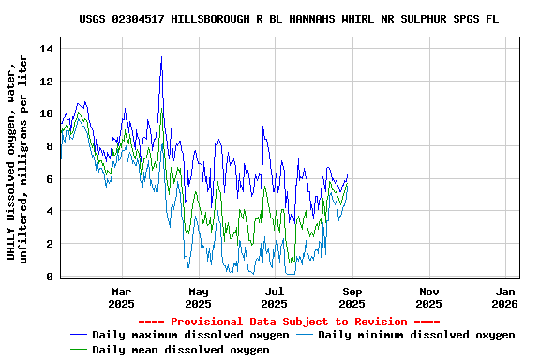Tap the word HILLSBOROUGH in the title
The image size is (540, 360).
tap(211, 19)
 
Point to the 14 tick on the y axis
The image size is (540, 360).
tap(47, 48)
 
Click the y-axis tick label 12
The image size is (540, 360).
tap(47, 81)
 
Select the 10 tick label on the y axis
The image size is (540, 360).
tap(47, 113)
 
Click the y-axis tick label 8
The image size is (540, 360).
tap(50, 146)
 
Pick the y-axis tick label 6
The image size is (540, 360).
tap(50, 179)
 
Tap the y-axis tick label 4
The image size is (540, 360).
tap(50, 212)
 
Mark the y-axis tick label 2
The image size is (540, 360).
tap(50, 245)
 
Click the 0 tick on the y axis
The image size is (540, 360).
tap(50, 277)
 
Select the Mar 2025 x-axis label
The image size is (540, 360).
tap(121, 297)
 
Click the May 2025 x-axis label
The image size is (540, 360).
tap(198, 297)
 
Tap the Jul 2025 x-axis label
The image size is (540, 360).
tap(275, 297)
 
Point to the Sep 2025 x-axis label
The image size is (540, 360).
tap(352, 297)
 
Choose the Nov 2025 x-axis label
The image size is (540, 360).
tap(428, 297)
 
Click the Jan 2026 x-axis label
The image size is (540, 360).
tap(504, 297)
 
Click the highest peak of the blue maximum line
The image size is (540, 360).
tap(161, 56)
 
